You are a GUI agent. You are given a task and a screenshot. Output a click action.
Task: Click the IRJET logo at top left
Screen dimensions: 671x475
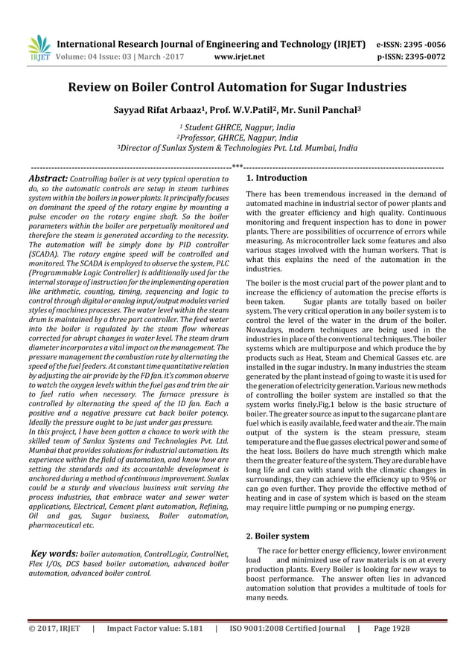(x=36, y=47)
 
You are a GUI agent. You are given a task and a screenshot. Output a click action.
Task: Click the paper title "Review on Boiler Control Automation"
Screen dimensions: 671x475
(x=237, y=88)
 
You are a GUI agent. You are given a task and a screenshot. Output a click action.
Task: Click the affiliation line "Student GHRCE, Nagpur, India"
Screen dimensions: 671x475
(x=238, y=128)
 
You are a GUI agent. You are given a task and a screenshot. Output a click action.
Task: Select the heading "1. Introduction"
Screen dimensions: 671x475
(x=276, y=179)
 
